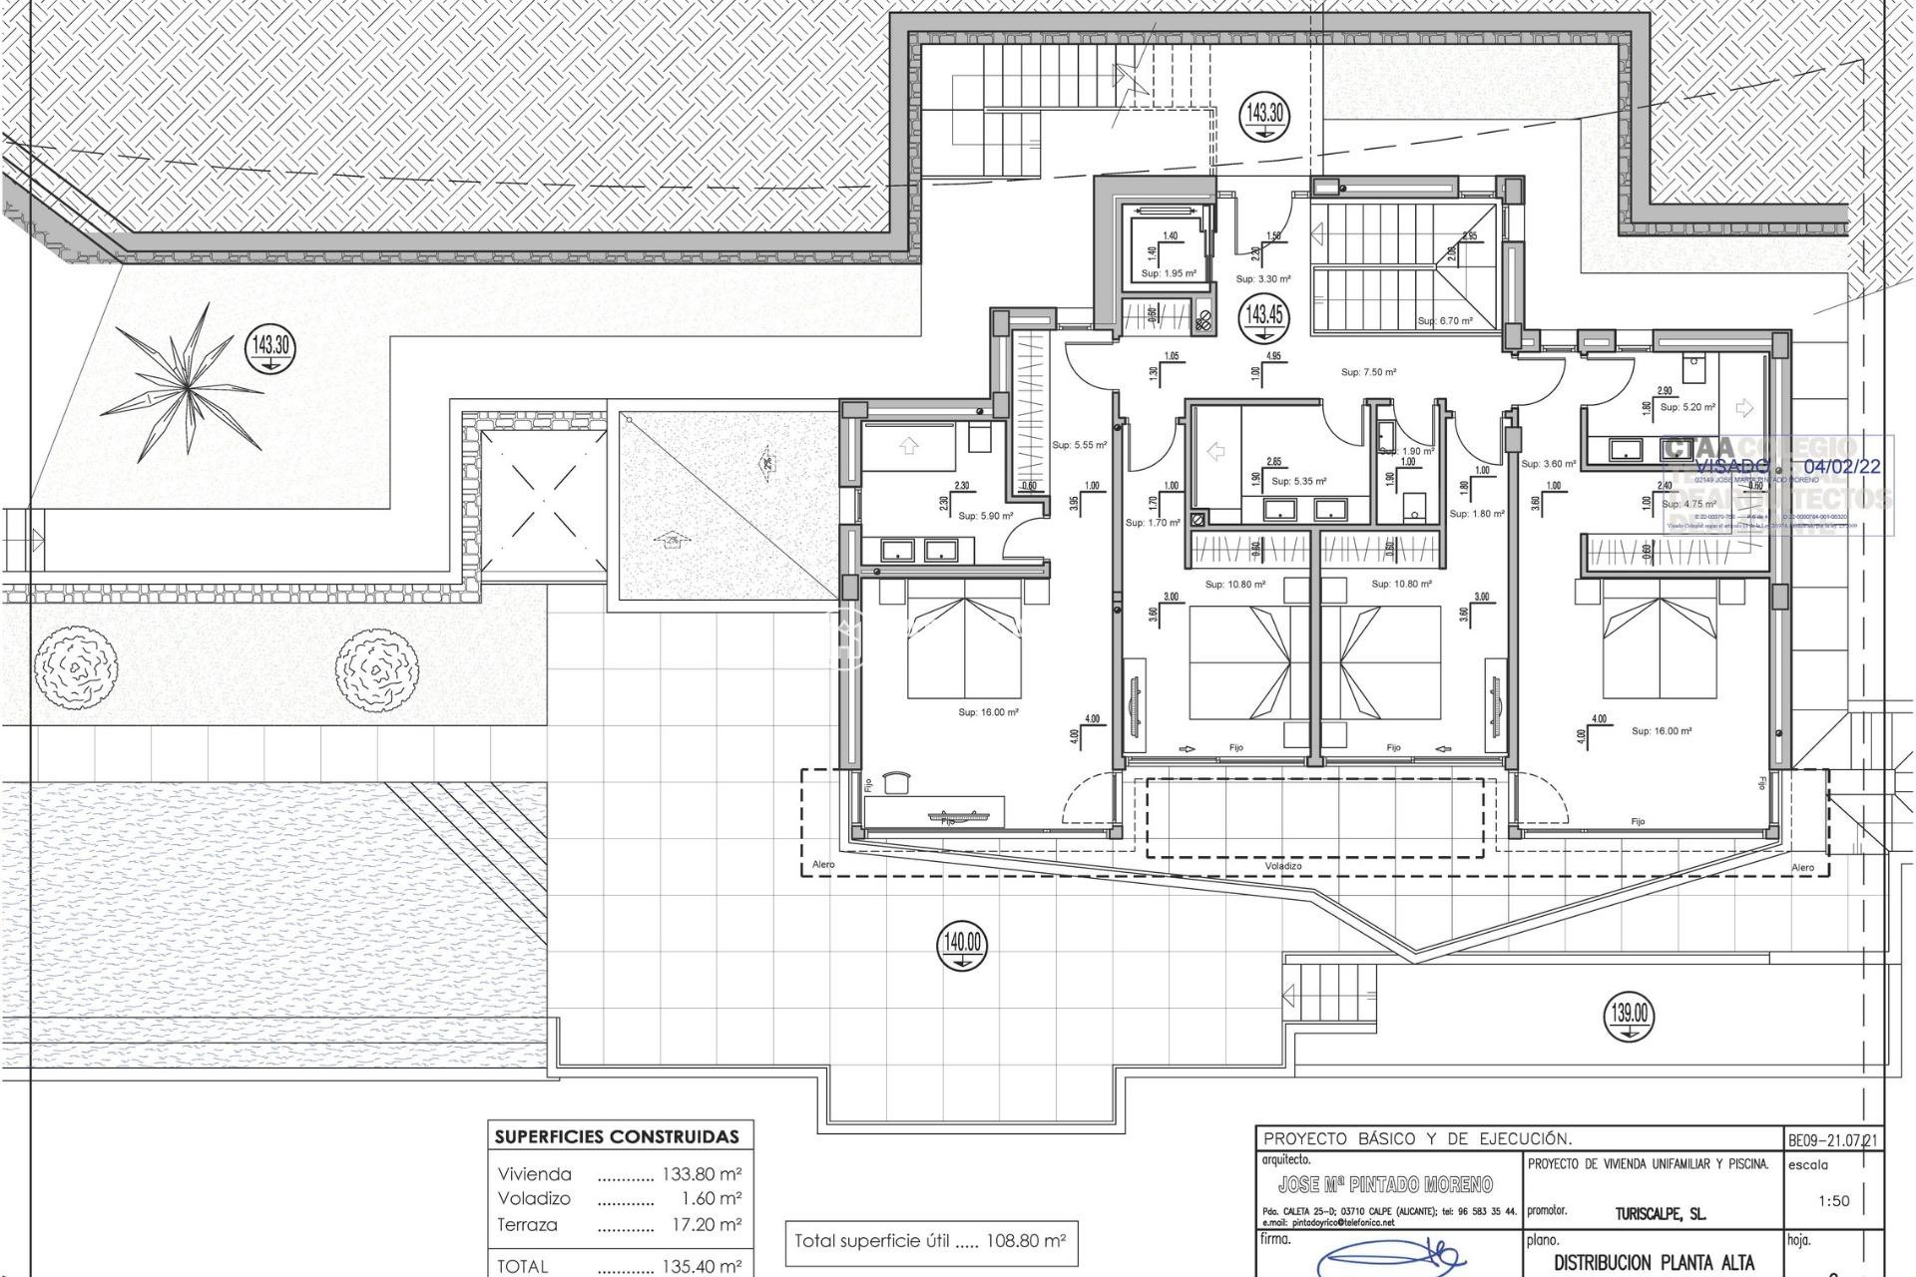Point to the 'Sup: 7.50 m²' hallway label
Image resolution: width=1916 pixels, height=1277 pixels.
click(1368, 372)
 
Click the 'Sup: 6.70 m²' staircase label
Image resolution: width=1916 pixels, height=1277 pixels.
click(1445, 321)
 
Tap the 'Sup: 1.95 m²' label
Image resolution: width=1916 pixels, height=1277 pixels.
click(1169, 273)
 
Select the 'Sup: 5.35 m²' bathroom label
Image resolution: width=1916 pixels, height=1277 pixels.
click(1298, 481)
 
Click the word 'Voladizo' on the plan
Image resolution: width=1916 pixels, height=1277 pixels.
click(1282, 866)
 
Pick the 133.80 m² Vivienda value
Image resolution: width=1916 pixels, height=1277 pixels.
click(702, 1174)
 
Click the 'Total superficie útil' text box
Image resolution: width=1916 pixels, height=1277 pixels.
click(930, 1242)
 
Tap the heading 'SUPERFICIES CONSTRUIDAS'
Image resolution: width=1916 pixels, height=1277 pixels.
click(618, 1136)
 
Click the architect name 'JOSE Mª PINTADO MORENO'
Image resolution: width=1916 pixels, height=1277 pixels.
click(1385, 1184)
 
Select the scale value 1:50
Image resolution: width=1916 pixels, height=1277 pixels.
click(1833, 1200)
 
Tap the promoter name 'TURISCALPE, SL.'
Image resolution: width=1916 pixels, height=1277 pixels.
click(1661, 1214)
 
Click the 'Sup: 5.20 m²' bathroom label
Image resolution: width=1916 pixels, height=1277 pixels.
click(1687, 407)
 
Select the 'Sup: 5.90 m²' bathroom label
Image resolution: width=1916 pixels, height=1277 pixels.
click(985, 516)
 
